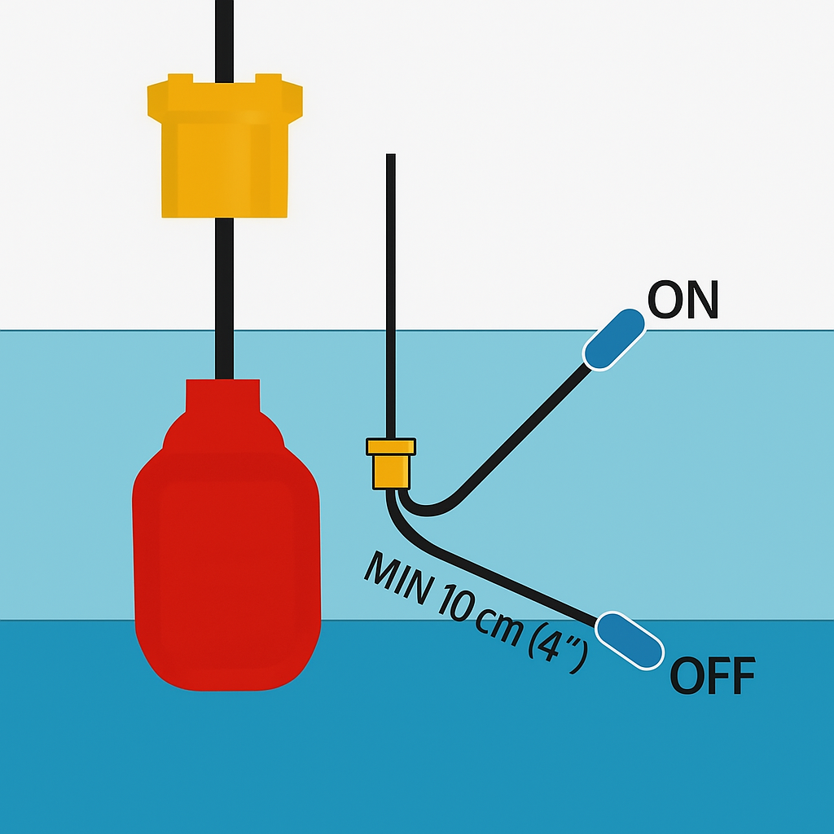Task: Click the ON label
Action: pos(683,301)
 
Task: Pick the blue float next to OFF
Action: pos(630,642)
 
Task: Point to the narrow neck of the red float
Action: pos(223,396)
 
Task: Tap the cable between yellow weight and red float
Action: pos(225,297)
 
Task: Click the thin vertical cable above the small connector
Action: pos(391,293)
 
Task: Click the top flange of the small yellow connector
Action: pos(391,446)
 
